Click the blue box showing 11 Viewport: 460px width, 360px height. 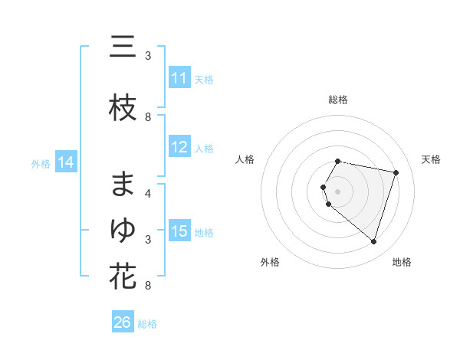click(179, 78)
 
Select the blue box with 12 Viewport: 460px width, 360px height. click(179, 147)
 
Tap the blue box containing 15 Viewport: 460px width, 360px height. click(179, 231)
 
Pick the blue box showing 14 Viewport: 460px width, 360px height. click(66, 162)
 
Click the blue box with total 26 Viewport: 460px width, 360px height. click(123, 322)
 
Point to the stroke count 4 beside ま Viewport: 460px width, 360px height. click(148, 194)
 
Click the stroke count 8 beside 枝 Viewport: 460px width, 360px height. click(148, 117)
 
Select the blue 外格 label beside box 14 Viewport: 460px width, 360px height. click(41, 163)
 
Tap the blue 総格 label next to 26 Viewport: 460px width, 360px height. click(147, 323)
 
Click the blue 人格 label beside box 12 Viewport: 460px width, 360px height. click(204, 148)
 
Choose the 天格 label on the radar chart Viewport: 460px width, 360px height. click(432, 159)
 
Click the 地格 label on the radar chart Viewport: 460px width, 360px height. click(402, 263)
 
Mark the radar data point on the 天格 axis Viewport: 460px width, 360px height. click(396, 172)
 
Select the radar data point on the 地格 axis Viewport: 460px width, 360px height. click(373, 242)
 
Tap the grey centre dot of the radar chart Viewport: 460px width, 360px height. click(337, 191)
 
